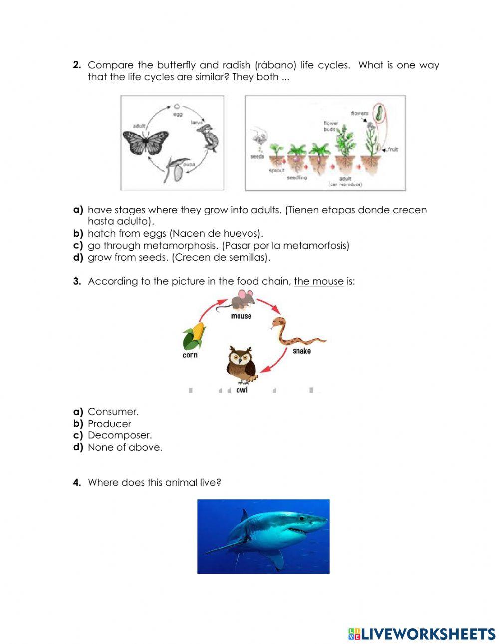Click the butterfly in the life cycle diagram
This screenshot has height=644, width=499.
point(145,142)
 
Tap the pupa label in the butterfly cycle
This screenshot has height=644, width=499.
point(189,164)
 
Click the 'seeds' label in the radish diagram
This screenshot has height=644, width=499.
point(257,156)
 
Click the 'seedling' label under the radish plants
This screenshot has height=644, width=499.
point(297,177)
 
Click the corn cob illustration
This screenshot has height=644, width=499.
point(194,336)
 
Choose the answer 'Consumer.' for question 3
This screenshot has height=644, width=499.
point(113,412)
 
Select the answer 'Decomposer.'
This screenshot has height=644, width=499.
point(120,435)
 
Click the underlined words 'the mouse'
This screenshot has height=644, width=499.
point(318,281)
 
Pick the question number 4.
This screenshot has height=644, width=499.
point(77,482)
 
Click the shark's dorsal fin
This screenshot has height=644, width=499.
point(244,515)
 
